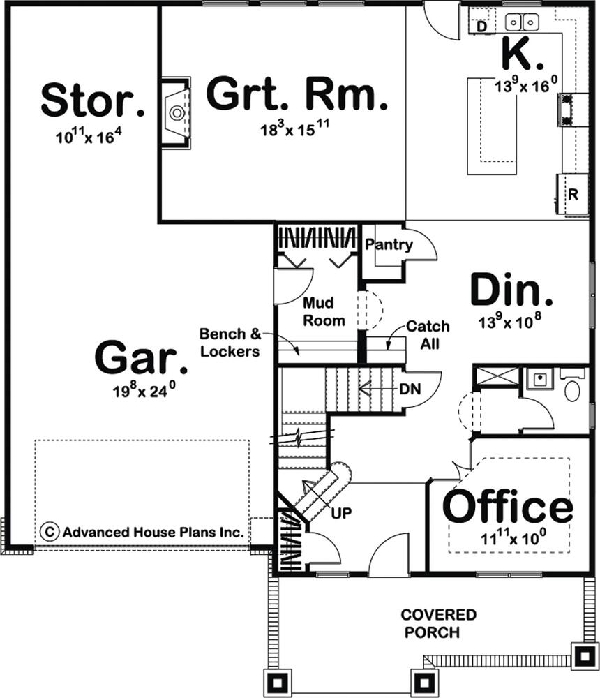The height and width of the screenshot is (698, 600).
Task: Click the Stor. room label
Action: [x=93, y=99]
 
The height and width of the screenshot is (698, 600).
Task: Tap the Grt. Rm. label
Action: [x=297, y=94]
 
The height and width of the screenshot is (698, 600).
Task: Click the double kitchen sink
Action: [x=522, y=22]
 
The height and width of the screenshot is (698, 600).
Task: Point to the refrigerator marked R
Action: [x=573, y=195]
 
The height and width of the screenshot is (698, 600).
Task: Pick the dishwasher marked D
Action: [x=481, y=27]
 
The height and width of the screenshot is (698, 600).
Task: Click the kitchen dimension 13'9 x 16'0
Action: [x=525, y=84]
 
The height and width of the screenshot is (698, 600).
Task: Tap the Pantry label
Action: [x=389, y=244]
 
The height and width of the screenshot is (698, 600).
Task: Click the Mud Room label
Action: [x=324, y=311]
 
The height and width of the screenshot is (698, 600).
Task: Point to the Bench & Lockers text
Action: [x=230, y=343]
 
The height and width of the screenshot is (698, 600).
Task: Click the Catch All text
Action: [x=428, y=335]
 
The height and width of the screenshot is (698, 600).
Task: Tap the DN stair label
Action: [x=410, y=389]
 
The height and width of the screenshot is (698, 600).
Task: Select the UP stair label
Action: [x=341, y=513]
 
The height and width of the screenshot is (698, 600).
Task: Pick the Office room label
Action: [x=508, y=506]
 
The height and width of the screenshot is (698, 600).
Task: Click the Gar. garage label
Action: [x=141, y=358]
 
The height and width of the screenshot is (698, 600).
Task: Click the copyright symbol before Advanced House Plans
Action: [x=50, y=532]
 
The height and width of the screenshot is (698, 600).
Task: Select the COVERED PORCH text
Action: [x=438, y=623]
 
